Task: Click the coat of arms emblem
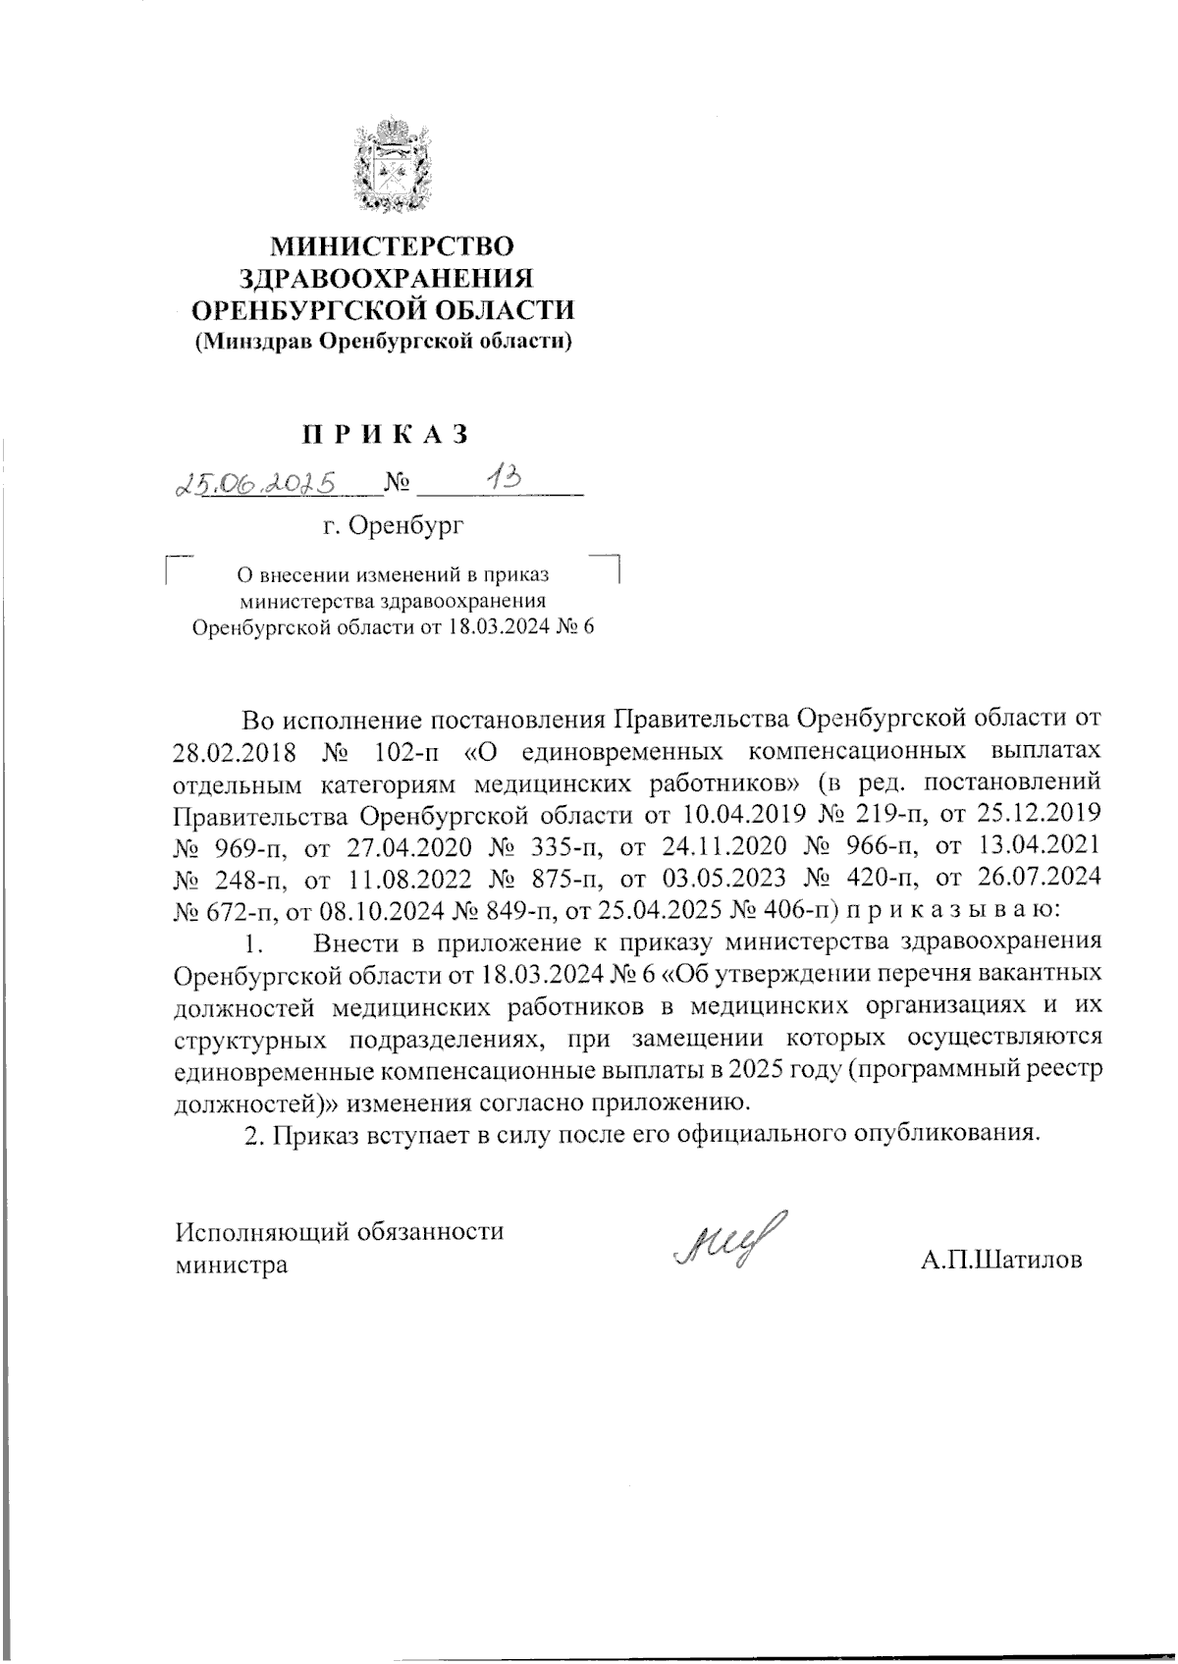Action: point(393,164)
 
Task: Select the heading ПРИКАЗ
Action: point(385,433)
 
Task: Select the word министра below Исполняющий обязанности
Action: point(232,1264)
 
